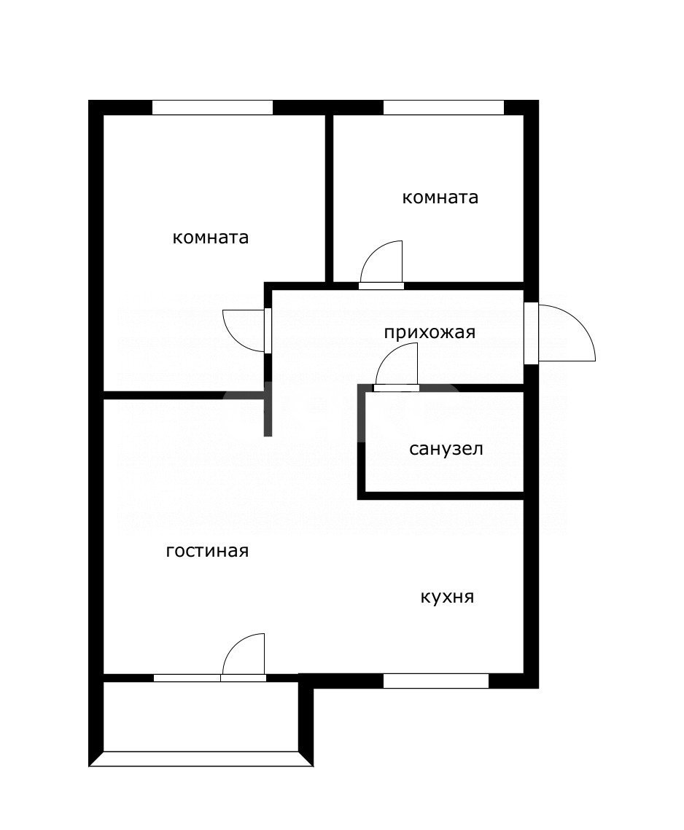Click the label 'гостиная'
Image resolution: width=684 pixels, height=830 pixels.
pos(207,551)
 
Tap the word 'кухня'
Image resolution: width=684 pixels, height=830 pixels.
pos(447,598)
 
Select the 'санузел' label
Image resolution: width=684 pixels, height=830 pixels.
pos(446,449)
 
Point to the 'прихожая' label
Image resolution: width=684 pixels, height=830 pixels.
pos(430,333)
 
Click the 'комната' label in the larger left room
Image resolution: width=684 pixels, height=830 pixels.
pos(210,238)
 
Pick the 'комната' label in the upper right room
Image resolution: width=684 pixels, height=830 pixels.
pos(440,197)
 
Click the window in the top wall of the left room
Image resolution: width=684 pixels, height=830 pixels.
pos(212,108)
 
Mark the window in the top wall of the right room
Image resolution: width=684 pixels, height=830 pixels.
pos(443,108)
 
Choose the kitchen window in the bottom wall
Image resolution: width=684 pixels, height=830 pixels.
pos(435,681)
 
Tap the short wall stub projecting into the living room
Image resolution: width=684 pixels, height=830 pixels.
pos(268,415)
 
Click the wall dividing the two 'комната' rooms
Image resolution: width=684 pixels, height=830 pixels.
pos(329,197)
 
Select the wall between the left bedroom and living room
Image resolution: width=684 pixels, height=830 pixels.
pos(182,396)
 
